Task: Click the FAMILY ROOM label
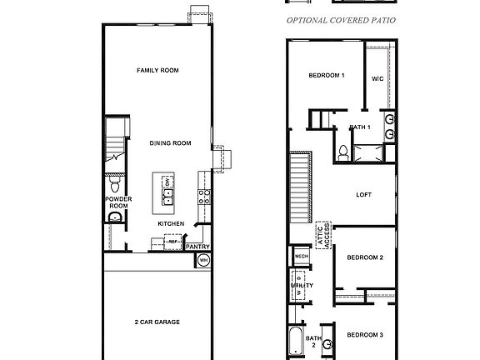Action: [158, 71]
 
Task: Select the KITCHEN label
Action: [171, 223]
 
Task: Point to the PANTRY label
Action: [197, 247]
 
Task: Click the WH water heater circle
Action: [203, 262]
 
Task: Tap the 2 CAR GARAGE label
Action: [158, 322]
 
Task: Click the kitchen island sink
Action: [167, 197]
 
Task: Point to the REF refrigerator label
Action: [172, 241]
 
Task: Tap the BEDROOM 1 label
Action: [327, 76]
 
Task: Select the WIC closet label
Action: [377, 79]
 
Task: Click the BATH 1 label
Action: [360, 127]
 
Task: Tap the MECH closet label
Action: [301, 257]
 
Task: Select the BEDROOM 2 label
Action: [364, 257]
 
